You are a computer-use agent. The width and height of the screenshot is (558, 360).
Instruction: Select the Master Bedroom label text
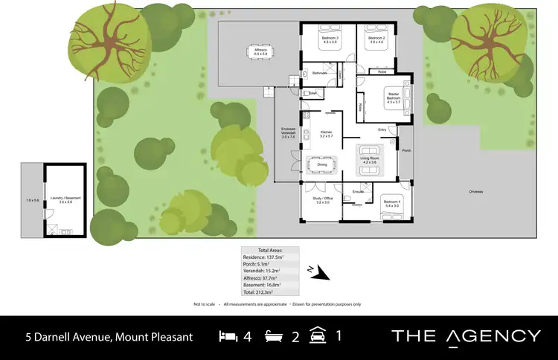coord(394,97)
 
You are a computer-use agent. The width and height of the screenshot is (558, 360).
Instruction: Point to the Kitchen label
coord(326,132)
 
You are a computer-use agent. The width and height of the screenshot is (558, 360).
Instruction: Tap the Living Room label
coord(370,158)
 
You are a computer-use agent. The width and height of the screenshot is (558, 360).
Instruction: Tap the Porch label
coord(405,150)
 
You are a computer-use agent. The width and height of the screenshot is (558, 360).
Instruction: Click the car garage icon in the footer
coord(319,336)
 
